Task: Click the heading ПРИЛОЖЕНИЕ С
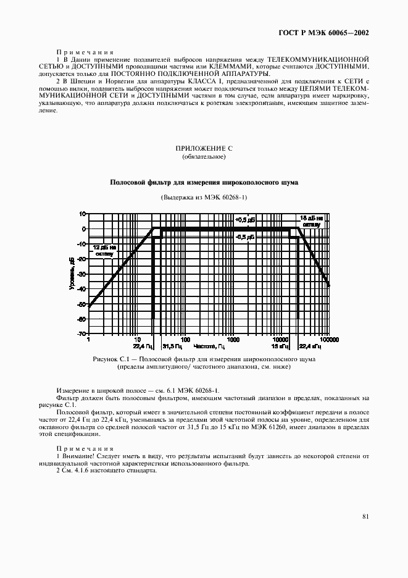204,148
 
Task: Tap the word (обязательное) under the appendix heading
204,157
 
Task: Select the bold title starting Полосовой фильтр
204,183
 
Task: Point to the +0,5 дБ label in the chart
245,220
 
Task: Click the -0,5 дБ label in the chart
245,237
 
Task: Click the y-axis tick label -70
81,334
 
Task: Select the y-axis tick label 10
83,214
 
